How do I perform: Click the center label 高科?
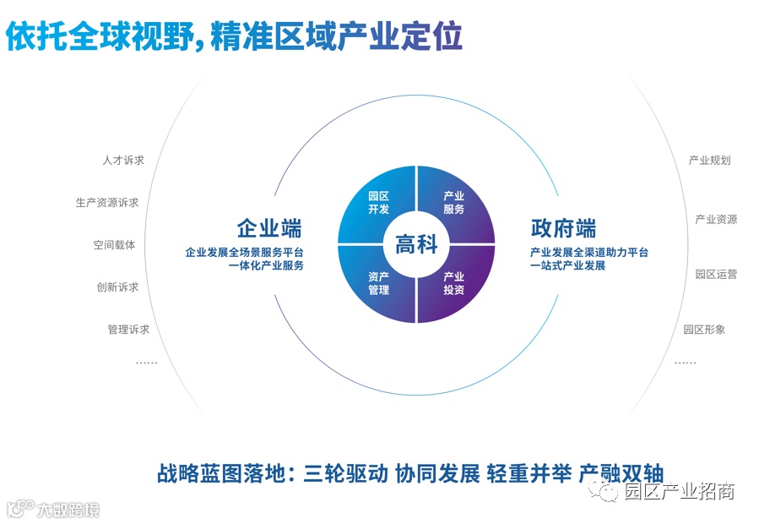(416, 244)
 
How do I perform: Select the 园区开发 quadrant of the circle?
(377, 204)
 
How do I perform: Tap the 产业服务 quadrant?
(454, 203)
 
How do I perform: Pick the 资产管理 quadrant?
(378, 284)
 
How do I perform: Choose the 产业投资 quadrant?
(454, 283)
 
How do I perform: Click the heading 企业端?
(269, 229)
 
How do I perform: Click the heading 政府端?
(563, 229)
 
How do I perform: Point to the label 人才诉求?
(123, 160)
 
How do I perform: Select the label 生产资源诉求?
(107, 203)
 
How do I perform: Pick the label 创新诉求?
(117, 287)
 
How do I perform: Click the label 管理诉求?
(128, 330)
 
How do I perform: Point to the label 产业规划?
(709, 160)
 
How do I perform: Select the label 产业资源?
(716, 220)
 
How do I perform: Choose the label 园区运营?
(716, 274)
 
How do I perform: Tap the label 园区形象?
(704, 330)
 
